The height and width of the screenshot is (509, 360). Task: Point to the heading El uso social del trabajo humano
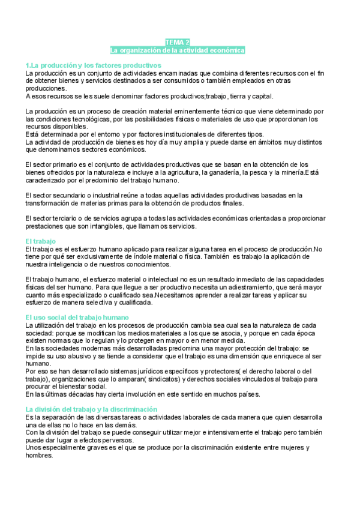(x=81, y=317)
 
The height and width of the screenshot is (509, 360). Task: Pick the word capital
(x=261, y=95)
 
